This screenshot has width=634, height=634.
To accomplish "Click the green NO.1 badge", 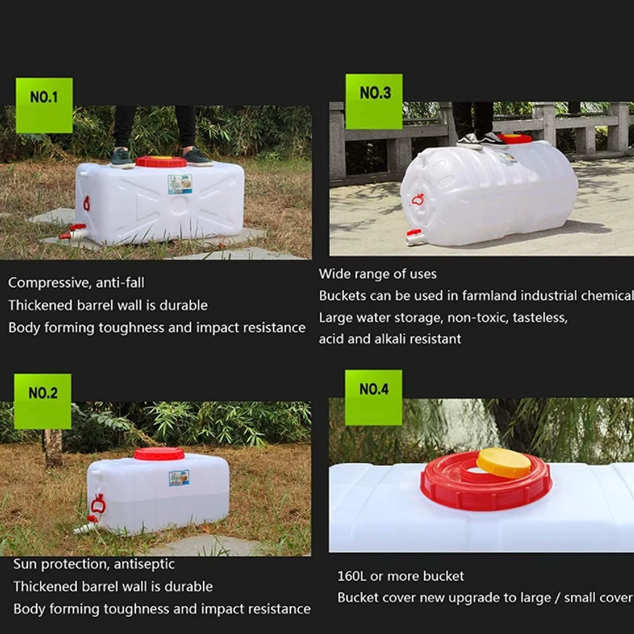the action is (44, 105).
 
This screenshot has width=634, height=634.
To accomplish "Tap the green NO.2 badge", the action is (43, 401).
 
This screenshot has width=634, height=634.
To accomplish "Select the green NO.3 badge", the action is (374, 101).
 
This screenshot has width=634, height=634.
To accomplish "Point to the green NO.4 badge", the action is (374, 397).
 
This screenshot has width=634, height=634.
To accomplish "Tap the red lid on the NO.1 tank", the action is (161, 161).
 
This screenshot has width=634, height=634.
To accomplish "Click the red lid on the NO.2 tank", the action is (159, 454).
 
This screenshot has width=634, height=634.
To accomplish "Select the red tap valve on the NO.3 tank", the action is (414, 233).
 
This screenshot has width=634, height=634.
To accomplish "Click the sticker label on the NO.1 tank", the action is (180, 184).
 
